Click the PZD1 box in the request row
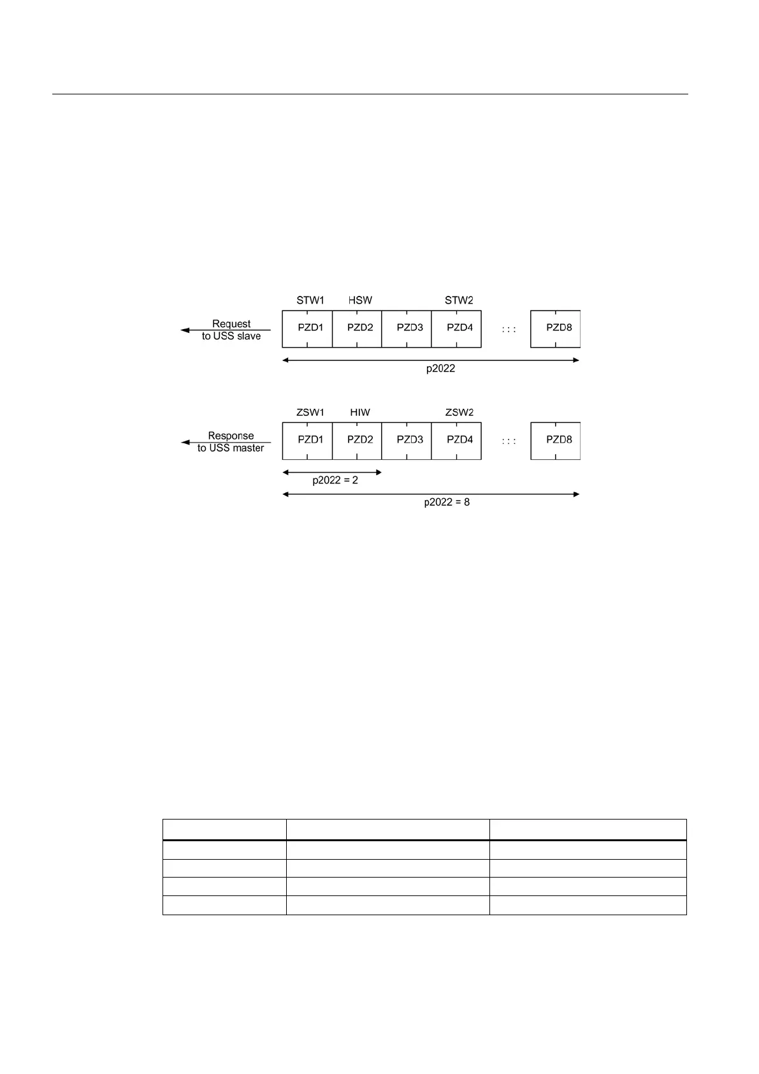pyautogui.click(x=307, y=328)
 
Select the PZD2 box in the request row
pyautogui.click(x=357, y=328)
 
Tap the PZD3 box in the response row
pyautogui.click(x=407, y=441)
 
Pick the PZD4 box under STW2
pyautogui.click(x=456, y=328)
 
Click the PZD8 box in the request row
pyautogui.click(x=556, y=328)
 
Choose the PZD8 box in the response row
pyautogui.click(x=556, y=441)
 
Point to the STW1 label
pyautogui.click(x=310, y=300)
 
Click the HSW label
pyautogui.click(x=360, y=300)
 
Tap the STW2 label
pyautogui.click(x=459, y=300)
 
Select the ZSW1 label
pyautogui.click(x=310, y=413)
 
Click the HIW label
pyautogui.click(x=360, y=413)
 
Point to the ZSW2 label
pyautogui.click(x=459, y=413)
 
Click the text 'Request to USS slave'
pyautogui.click(x=231, y=330)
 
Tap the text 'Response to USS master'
pyautogui.click(x=231, y=442)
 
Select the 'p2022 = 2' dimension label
pyautogui.click(x=335, y=480)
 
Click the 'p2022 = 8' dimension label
pyautogui.click(x=447, y=503)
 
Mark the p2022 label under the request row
pyautogui.click(x=440, y=369)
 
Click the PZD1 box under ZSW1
pyautogui.click(x=307, y=441)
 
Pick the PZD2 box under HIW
pyautogui.click(x=357, y=441)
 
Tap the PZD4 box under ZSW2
pyautogui.click(x=456, y=441)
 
